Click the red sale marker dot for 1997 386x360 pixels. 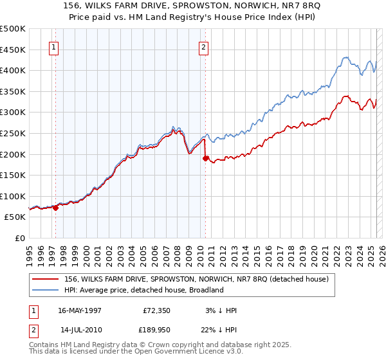point(56,208)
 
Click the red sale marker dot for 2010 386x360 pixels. point(205,158)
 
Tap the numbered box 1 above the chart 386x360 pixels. point(54,47)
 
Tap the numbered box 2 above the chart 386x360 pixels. point(203,47)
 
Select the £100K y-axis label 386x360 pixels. point(13,196)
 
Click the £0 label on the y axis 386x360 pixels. point(19,239)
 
